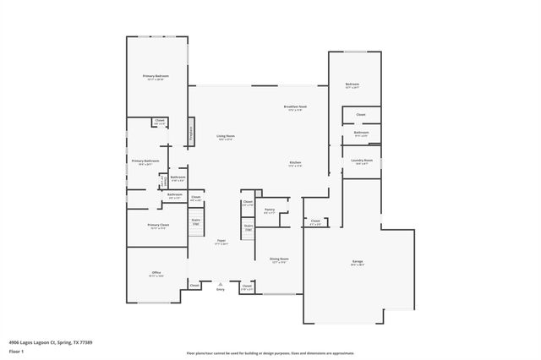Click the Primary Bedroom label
156,76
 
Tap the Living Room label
225,136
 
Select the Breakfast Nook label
295,106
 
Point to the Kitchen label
295,162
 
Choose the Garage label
358,262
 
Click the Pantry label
270,209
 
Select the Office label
156,272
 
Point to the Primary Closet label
158,225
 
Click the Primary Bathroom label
145,161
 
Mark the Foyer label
221,241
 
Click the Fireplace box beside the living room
191,132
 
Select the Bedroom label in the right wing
352,85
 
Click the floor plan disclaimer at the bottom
270,353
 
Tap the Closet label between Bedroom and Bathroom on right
360,114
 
